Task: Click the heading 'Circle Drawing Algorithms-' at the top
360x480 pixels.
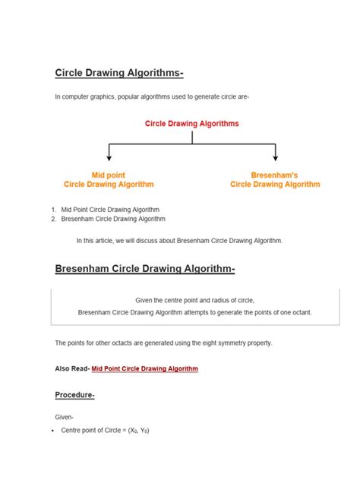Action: pyautogui.click(x=119, y=73)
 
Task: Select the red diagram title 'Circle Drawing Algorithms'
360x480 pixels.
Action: pyautogui.click(x=192, y=123)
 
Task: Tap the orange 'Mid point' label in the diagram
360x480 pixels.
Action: pyautogui.click(x=109, y=175)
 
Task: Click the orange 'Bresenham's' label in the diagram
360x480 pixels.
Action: pyautogui.click(x=274, y=175)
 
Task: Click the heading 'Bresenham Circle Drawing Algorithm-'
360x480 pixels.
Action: pyautogui.click(x=145, y=270)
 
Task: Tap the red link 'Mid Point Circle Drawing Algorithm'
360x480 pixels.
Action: pyautogui.click(x=144, y=368)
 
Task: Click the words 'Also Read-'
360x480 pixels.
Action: pyautogui.click(x=72, y=368)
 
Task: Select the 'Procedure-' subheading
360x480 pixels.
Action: pyautogui.click(x=74, y=395)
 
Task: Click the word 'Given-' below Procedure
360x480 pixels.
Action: pyautogui.click(x=65, y=418)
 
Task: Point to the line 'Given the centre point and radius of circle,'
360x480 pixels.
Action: pyautogui.click(x=194, y=300)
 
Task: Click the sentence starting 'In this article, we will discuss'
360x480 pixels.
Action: pyautogui.click(x=179, y=240)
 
